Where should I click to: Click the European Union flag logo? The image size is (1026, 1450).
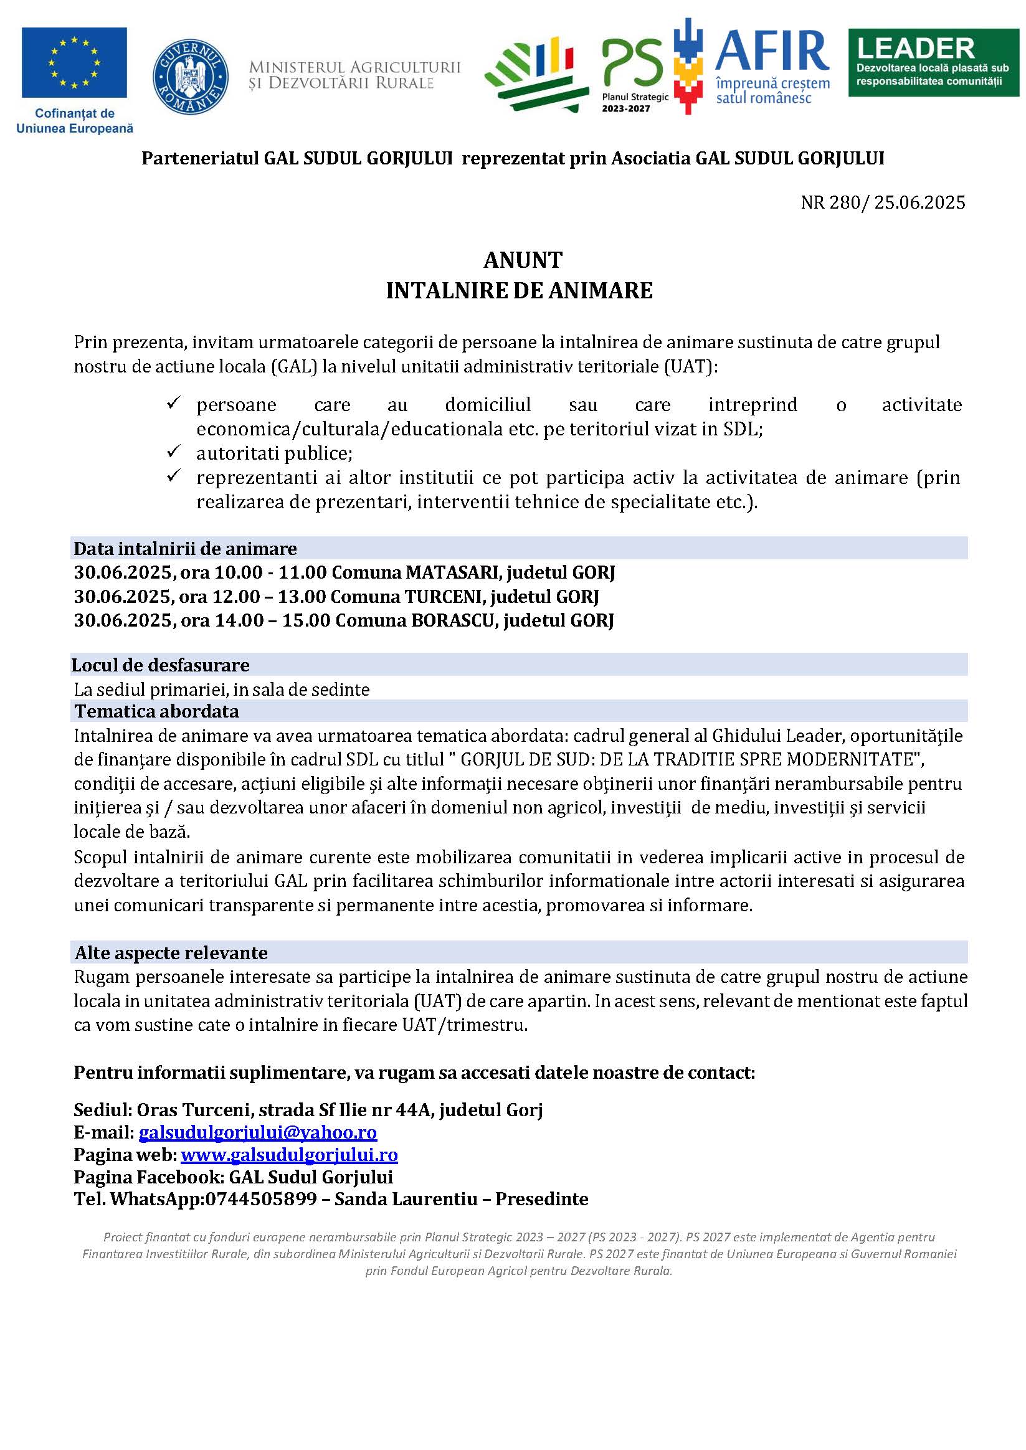pyautogui.click(x=74, y=62)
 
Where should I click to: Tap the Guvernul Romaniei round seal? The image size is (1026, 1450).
pyautogui.click(x=191, y=77)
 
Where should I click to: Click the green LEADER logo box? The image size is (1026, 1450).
pyautogui.click(x=933, y=62)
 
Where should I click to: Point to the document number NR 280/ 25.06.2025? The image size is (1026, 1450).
pyautogui.click(x=883, y=202)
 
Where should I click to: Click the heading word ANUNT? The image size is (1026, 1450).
pyautogui.click(x=523, y=260)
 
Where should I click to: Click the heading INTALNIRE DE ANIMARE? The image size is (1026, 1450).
pyautogui.click(x=520, y=290)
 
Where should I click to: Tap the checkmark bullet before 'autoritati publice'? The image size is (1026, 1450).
pyautogui.click(x=174, y=452)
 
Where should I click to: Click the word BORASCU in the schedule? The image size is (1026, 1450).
pyautogui.click(x=452, y=620)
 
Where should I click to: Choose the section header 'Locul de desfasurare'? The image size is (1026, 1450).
pyautogui.click(x=161, y=665)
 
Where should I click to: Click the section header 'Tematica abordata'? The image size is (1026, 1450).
pyautogui.click(x=157, y=711)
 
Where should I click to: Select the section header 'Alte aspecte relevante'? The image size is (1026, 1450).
pyautogui.click(x=171, y=952)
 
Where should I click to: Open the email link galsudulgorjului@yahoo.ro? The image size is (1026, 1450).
pyautogui.click(x=258, y=1132)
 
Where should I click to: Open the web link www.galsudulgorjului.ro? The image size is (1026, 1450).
pyautogui.click(x=289, y=1155)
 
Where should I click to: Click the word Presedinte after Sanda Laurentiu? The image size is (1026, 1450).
pyautogui.click(x=541, y=1199)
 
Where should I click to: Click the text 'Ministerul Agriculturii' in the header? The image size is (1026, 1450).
pyautogui.click(x=354, y=67)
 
